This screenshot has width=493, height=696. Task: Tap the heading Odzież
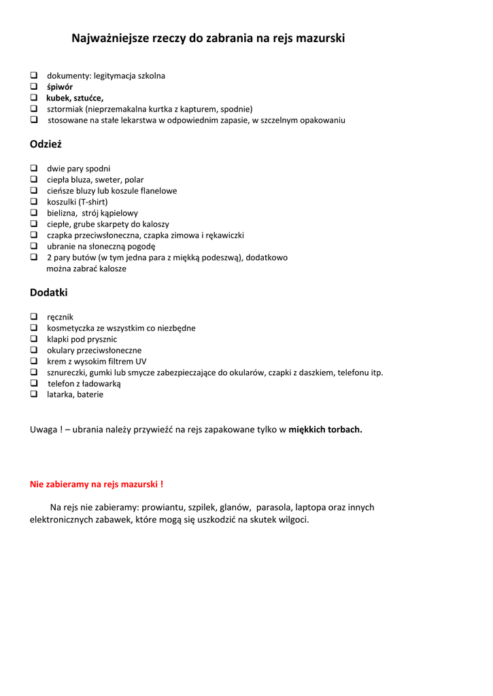[46, 144]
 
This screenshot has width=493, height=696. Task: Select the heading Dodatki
[49, 293]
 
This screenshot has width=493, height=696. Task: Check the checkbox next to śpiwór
[33, 87]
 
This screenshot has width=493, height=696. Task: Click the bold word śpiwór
[60, 87]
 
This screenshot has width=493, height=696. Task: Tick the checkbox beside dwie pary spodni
[33, 169]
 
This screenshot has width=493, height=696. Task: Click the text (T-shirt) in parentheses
[93, 202]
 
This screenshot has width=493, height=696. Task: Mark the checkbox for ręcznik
[33, 317]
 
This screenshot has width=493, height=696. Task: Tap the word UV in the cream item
[141, 362]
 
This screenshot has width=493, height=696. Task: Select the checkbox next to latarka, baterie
[33, 394]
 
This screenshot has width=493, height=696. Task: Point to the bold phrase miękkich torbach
[325, 430]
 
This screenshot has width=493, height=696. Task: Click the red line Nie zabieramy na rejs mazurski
[97, 485]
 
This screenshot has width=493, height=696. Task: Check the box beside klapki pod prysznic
[33, 339]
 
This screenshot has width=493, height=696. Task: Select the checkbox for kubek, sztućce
[33, 98]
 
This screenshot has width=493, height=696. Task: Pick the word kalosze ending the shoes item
[111, 268]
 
